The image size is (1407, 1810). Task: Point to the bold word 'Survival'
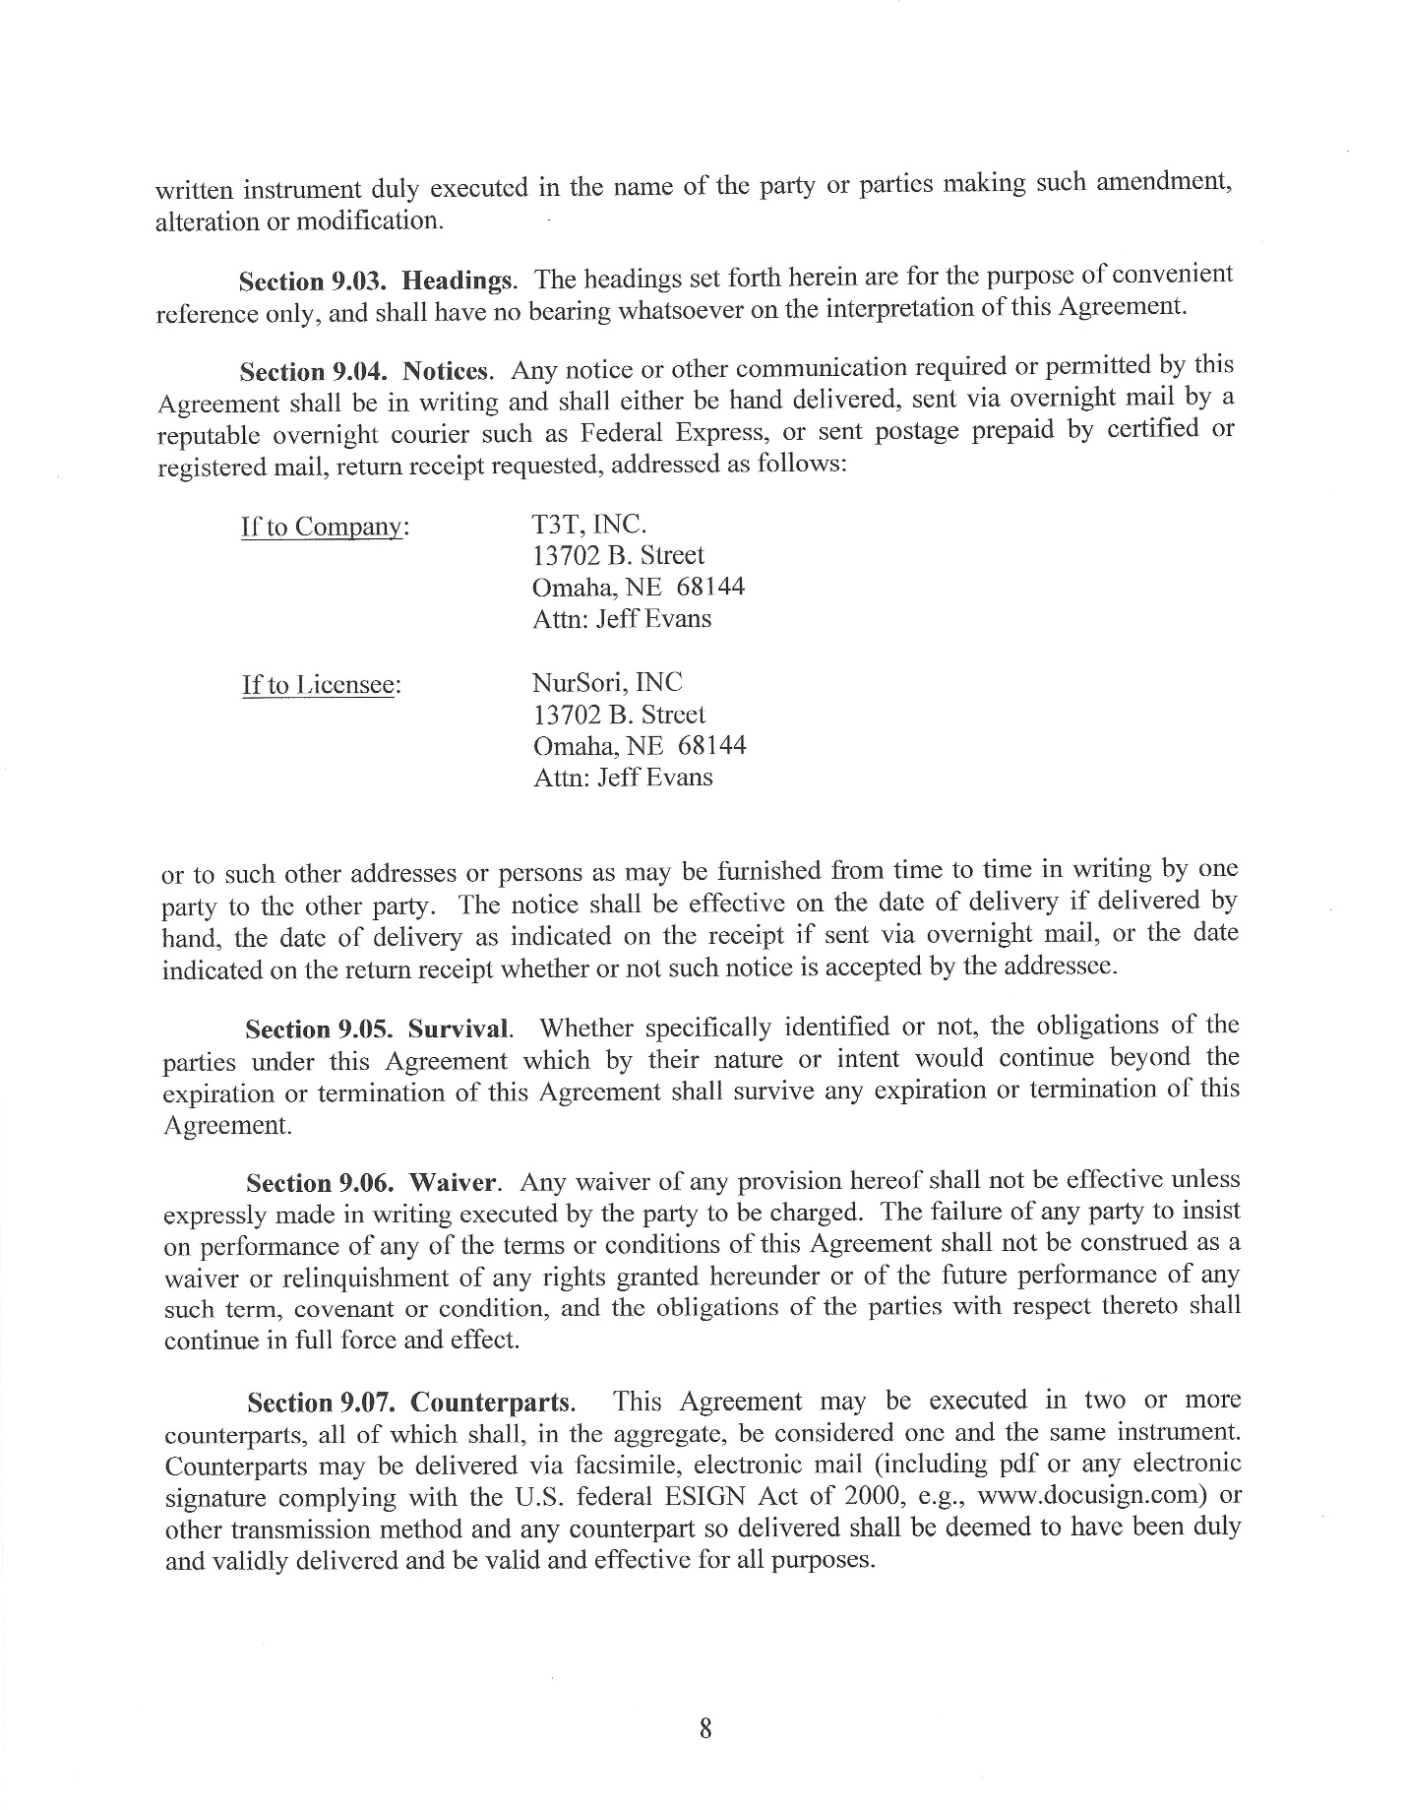tap(459, 1030)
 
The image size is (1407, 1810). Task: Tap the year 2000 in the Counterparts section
tap(887, 1498)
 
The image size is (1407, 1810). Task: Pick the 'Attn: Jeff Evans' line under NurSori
tap(622, 778)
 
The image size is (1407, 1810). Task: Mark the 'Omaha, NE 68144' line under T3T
tap(638, 588)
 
